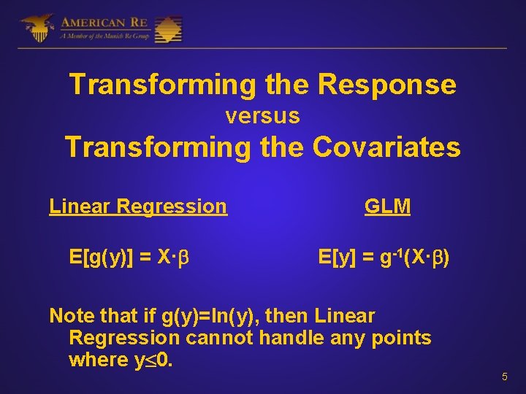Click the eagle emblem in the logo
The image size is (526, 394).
point(37,28)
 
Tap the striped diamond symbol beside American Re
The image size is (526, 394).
point(167,28)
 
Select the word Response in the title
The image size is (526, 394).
point(386,85)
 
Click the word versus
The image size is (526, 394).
point(262,116)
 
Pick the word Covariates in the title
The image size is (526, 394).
point(386,147)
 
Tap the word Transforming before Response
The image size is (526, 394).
point(162,85)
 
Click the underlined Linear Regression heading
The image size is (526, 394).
point(138,206)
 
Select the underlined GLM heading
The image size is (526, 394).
point(387,206)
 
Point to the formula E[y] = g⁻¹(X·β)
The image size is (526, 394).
point(384,257)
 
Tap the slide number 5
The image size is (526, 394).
point(504,377)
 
